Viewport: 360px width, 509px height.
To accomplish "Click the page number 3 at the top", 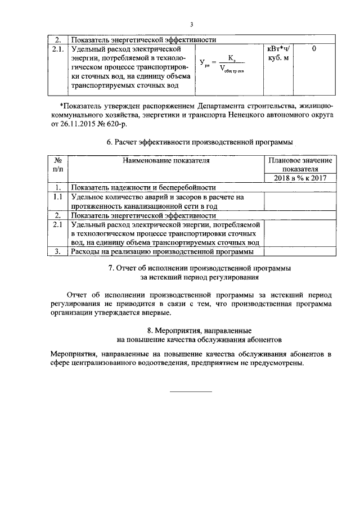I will tap(191, 24).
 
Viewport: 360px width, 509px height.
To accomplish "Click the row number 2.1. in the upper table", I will tap(57, 49).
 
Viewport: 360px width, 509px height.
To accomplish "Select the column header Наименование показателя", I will tap(166, 160).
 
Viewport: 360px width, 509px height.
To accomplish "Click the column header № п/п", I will tap(57, 164).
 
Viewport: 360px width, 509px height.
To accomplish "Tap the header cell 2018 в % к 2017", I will tap(300, 178).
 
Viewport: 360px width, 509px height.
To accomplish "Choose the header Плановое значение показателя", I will tap(300, 164).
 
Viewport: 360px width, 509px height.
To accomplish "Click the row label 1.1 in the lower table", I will tap(57, 197).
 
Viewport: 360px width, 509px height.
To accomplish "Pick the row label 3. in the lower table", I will tap(57, 251).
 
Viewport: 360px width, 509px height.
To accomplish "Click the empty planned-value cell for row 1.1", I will tap(300, 201).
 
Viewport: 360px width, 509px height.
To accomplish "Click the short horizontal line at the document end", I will tap(191, 390).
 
